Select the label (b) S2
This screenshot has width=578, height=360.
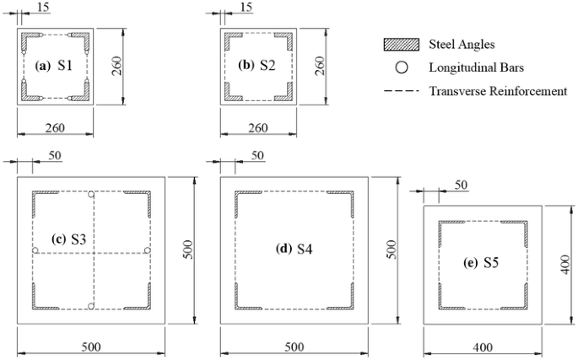pos(257,65)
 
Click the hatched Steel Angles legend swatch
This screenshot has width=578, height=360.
pos(395,45)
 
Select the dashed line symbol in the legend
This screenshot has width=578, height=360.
pos(395,90)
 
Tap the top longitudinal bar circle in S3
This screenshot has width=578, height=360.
pos(90,195)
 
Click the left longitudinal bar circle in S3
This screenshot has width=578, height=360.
pos(35,250)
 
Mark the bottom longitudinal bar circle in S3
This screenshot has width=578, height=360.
pos(90,306)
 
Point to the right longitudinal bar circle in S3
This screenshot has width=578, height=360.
pos(147,250)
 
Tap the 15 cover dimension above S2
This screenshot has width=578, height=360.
pos(246,8)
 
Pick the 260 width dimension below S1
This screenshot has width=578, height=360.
pos(56,128)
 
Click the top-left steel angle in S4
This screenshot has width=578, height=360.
pos(242,199)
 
